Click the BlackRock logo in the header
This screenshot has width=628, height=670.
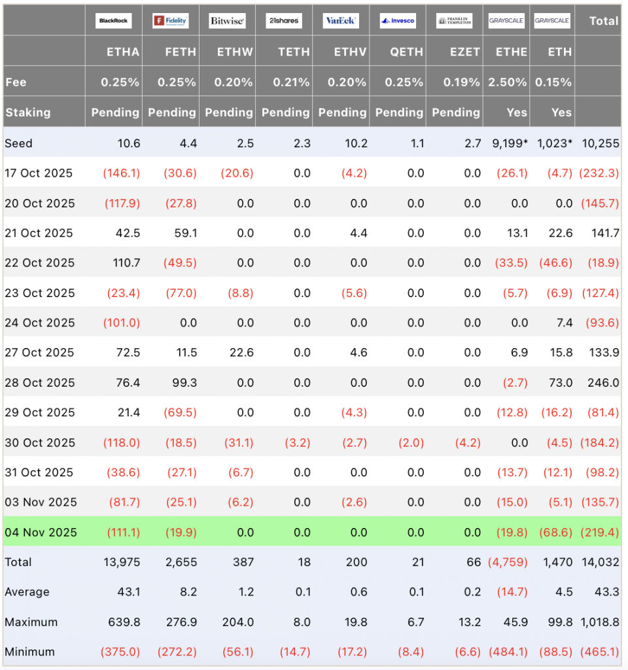pos(113,21)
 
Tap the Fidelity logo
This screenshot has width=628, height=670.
pos(170,21)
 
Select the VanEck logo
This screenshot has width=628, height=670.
pos(341,21)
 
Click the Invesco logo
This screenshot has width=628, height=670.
pos(398,21)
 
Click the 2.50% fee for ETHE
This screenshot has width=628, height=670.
pos(508,82)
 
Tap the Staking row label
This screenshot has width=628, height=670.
pos(28,113)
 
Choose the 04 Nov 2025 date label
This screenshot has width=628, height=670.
pos(41,533)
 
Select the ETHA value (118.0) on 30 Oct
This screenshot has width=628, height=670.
pos(122,443)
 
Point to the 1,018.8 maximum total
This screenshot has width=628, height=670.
pos(598,622)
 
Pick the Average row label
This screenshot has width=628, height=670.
pos(27,592)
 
